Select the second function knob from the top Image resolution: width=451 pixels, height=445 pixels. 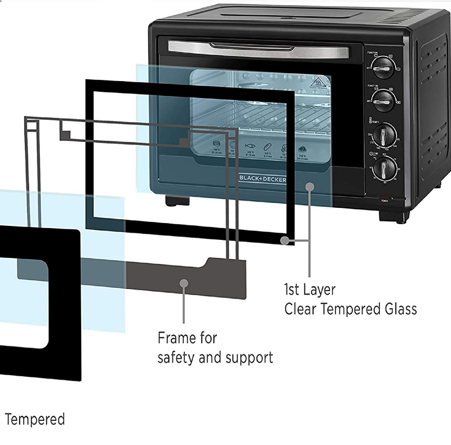click(x=384, y=100)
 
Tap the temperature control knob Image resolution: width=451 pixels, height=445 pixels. click(x=386, y=135)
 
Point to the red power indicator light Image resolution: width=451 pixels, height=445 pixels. click(x=384, y=197)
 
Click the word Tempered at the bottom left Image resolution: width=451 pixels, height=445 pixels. click(x=35, y=420)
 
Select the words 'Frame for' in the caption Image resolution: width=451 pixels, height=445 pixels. click(x=187, y=339)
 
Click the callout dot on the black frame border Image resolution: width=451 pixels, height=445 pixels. click(x=285, y=240)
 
